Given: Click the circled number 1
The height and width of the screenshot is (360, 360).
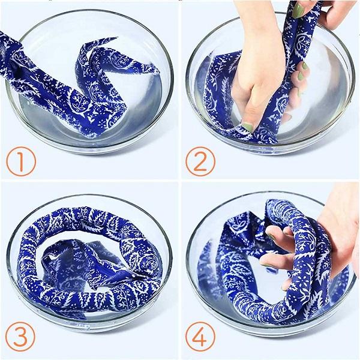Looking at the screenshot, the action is click(21, 161).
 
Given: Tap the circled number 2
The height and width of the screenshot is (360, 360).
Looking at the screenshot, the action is click(200, 161).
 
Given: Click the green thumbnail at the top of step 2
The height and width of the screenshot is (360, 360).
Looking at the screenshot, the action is click(298, 10).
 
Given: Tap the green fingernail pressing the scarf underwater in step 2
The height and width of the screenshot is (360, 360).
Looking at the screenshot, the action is click(247, 127).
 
